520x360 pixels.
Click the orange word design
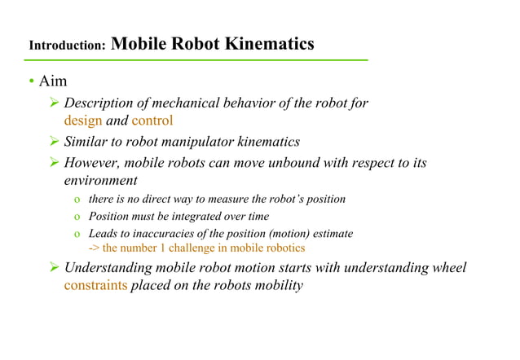[x=83, y=121]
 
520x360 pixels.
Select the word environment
[x=100, y=180]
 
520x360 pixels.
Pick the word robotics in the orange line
[x=281, y=248]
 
